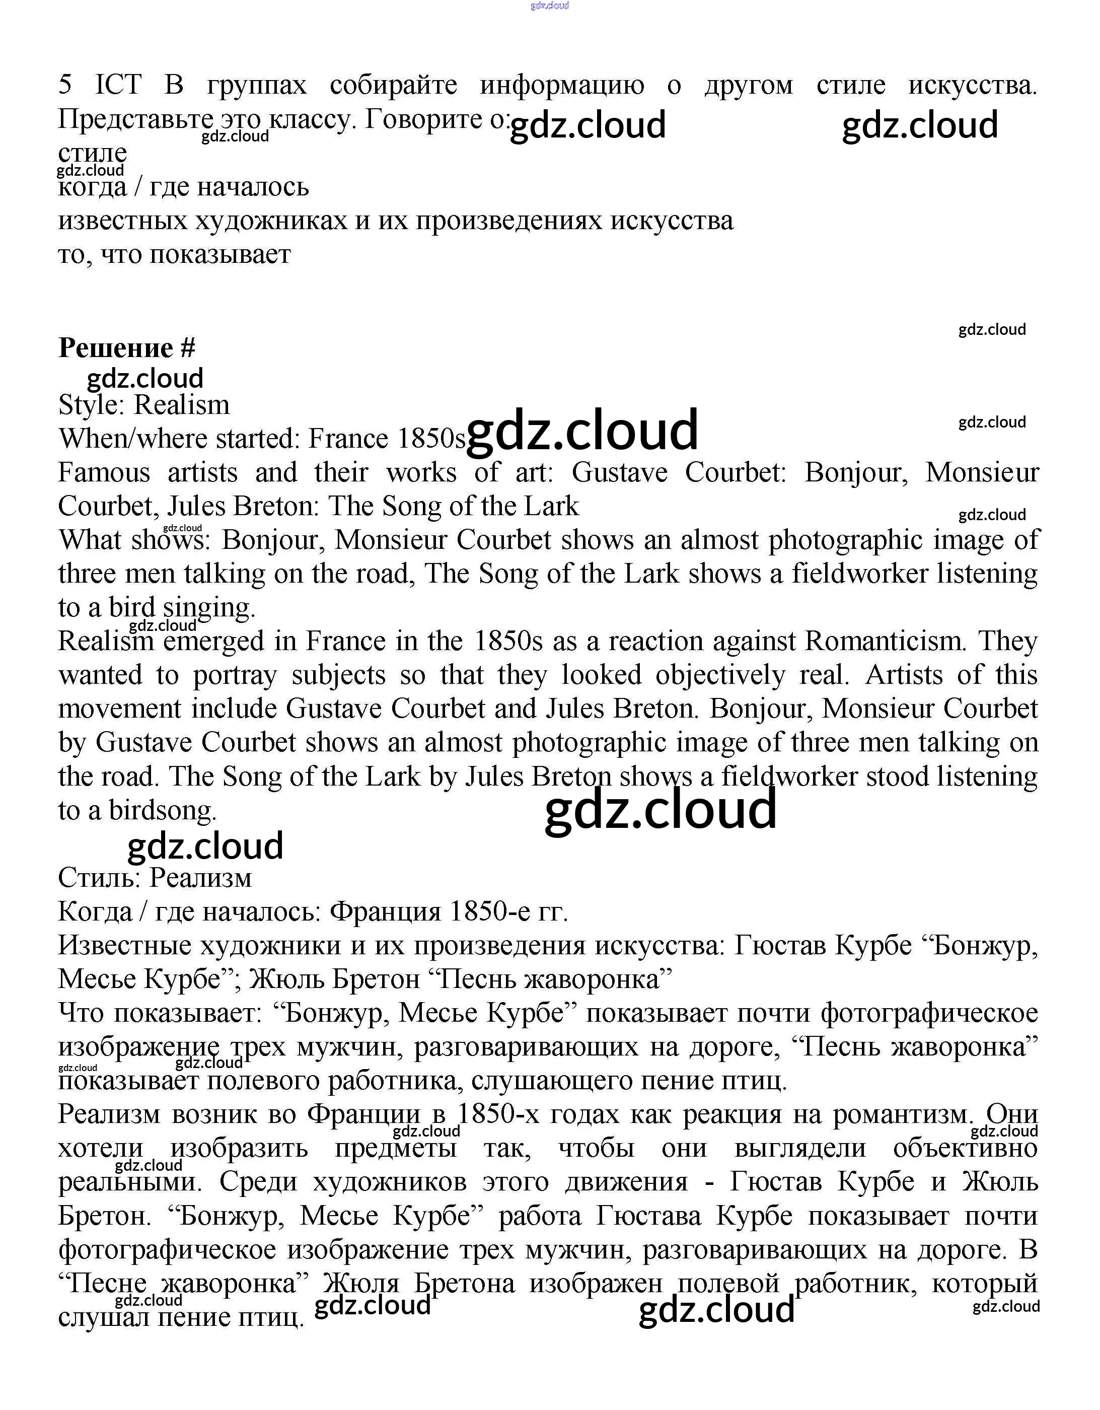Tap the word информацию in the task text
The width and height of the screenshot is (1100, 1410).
click(x=562, y=85)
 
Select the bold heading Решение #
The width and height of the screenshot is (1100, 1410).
click(x=126, y=348)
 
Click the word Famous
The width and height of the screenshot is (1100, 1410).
click(x=104, y=472)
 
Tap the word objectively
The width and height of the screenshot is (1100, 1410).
click(x=720, y=675)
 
